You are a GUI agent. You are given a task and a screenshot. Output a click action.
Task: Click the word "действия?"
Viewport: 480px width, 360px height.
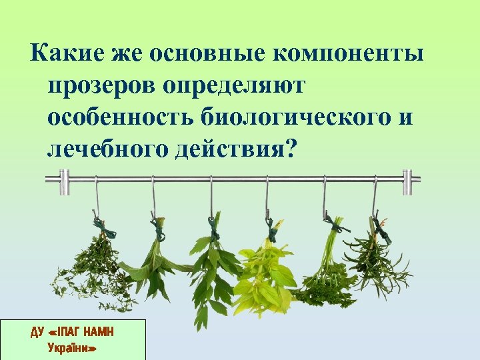[233, 151]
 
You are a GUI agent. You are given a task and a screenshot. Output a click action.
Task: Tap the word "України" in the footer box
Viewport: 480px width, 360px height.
[73, 347]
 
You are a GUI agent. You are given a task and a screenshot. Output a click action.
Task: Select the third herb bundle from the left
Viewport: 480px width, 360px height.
[211, 267]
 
